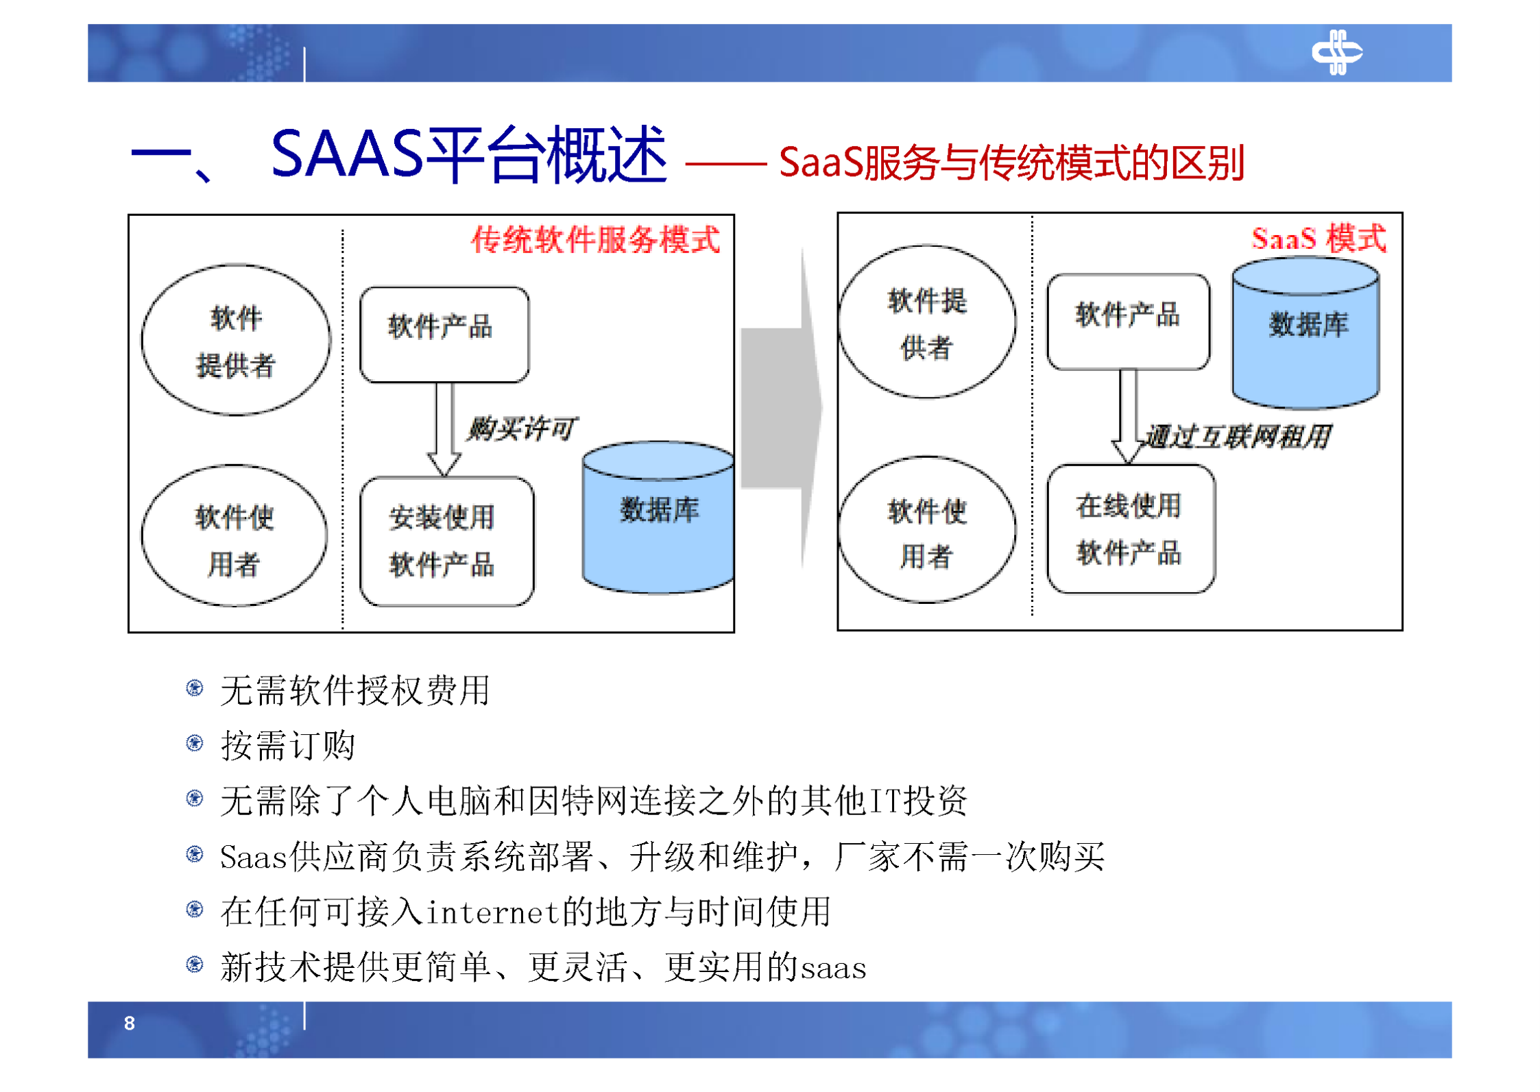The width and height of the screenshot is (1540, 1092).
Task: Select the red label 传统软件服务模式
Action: coord(594,240)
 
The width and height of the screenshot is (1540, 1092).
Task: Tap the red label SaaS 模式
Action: coord(1317,238)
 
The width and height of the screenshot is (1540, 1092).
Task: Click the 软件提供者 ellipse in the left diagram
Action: coord(236,340)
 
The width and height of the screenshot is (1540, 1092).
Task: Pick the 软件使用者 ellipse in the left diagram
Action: coord(234,536)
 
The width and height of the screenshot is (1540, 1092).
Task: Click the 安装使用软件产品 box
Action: coord(446,541)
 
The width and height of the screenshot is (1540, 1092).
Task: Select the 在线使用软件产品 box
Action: coord(1130,529)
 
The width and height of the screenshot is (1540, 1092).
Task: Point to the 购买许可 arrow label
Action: coord(521,428)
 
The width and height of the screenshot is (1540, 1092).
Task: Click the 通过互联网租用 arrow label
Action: coord(1237,436)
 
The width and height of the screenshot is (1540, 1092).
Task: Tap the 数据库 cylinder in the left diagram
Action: coord(658,518)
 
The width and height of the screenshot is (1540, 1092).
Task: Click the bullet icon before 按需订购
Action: coord(195,743)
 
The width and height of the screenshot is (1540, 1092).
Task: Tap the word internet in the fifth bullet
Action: coord(492,912)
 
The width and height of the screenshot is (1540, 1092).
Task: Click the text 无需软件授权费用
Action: coord(354,690)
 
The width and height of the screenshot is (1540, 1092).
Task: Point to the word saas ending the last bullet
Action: coord(834,968)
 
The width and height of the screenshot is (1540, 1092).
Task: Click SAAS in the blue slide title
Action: coord(347,154)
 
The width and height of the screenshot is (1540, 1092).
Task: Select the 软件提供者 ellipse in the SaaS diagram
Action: coord(926,321)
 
